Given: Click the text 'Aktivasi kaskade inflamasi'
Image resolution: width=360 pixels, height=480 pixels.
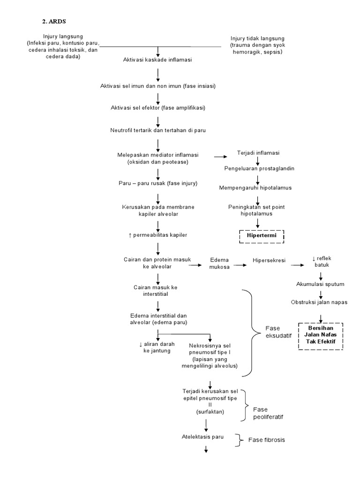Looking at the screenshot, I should click(157, 60).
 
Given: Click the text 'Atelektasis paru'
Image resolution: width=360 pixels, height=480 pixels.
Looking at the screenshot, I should click(202, 436).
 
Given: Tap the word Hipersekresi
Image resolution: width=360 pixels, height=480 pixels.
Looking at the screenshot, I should click(270, 259).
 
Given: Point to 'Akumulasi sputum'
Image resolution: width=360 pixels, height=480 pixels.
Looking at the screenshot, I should click(321, 284).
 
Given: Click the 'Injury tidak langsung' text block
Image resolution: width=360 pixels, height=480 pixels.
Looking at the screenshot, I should click(257, 45).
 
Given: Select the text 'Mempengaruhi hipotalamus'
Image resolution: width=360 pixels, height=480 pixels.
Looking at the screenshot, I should click(256, 187).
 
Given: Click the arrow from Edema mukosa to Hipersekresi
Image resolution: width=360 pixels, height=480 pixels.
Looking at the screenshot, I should click(241, 265).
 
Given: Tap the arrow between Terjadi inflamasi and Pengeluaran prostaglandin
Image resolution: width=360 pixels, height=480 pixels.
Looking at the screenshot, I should click(258, 160).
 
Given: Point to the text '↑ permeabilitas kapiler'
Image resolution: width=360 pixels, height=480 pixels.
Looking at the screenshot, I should click(155, 234).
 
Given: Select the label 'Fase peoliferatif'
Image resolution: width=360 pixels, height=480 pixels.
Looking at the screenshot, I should click(268, 412).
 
